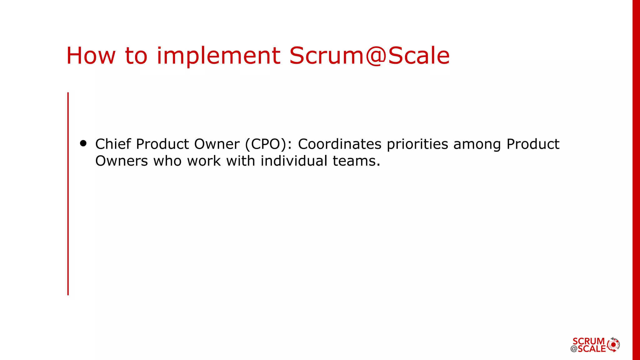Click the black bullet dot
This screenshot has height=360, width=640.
click(83, 143)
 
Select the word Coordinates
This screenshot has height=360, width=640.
click(340, 144)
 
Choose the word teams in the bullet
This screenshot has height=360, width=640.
click(356, 161)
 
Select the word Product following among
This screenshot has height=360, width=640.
click(533, 144)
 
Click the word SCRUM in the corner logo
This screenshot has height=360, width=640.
click(588, 341)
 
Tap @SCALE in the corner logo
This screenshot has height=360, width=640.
click(588, 349)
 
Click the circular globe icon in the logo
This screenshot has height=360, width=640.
click(613, 345)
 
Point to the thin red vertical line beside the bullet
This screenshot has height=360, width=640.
click(68, 194)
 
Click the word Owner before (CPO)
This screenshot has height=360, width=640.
click(217, 144)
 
